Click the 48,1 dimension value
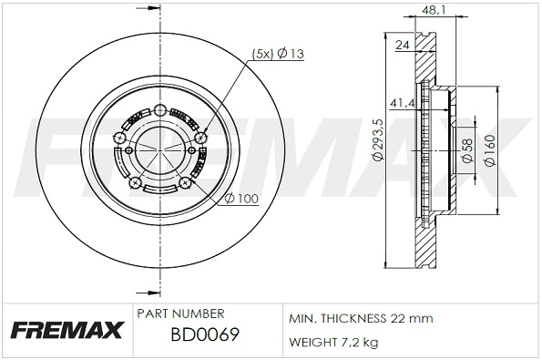pyautogui.click(x=434, y=10)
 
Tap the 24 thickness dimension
pyautogui.click(x=403, y=45)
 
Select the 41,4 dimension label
pyautogui.click(x=402, y=103)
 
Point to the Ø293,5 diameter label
pyautogui.click(x=377, y=139)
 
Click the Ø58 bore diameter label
pyautogui.click(x=467, y=150)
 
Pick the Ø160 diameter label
pyautogui.click(x=490, y=150)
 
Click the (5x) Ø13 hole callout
pyautogui.click(x=278, y=54)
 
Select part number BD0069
pyautogui.click(x=205, y=334)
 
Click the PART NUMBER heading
pyautogui.click(x=180, y=314)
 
